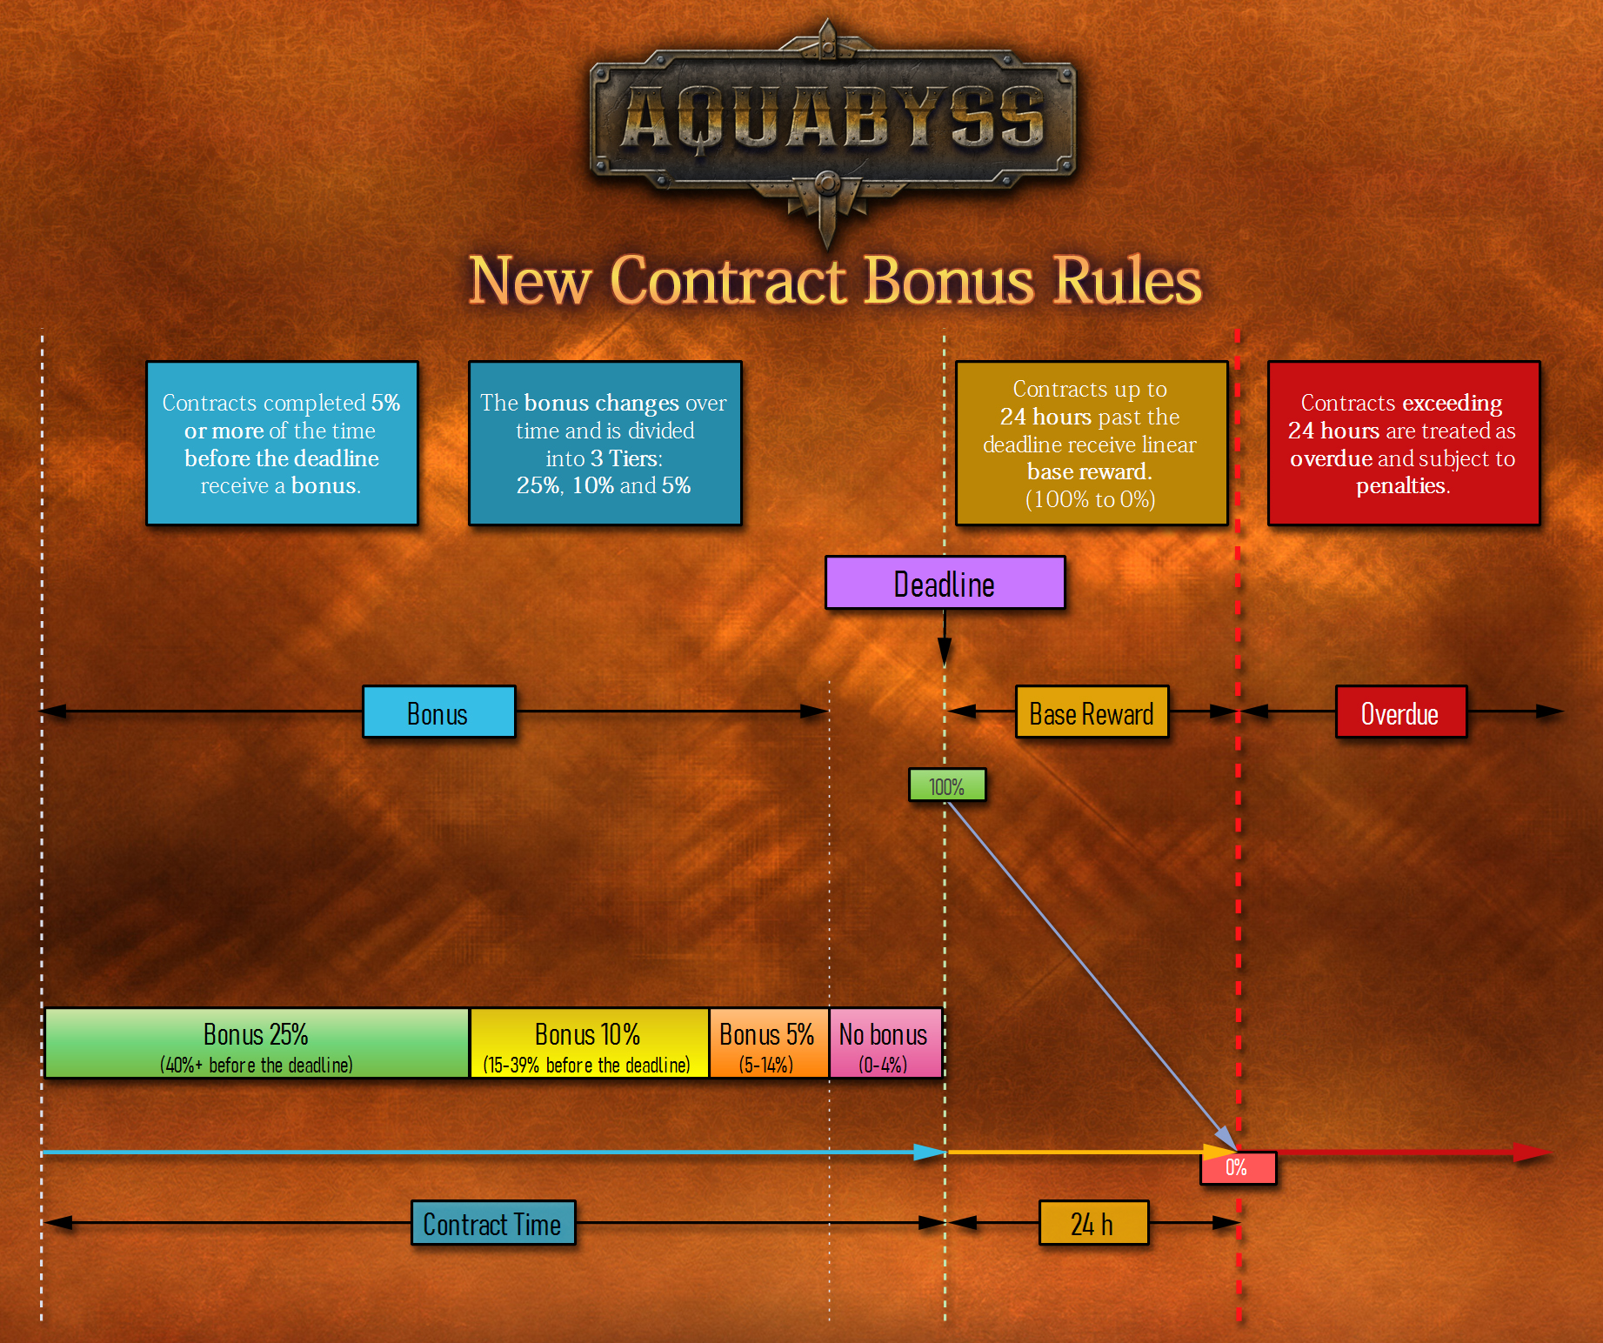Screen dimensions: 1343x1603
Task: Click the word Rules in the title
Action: [1127, 281]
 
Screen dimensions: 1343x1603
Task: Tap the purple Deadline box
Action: [945, 584]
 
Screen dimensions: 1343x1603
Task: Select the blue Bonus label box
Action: [438, 712]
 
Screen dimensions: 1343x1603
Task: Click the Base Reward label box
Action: [1092, 712]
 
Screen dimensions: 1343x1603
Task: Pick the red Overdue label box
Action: [1400, 712]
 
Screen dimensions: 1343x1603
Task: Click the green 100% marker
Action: [946, 785]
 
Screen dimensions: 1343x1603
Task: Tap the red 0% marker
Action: [1238, 1167]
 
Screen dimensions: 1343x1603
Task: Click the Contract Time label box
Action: [493, 1223]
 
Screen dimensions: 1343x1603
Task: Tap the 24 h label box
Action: [1093, 1223]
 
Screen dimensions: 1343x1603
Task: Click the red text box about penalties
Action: [1403, 444]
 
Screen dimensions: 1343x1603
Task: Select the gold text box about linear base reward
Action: [1091, 444]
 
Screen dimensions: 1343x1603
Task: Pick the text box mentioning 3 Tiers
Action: [604, 444]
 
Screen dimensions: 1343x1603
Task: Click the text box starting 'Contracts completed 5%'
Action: [282, 444]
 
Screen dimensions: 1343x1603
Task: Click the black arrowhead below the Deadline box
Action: [945, 652]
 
